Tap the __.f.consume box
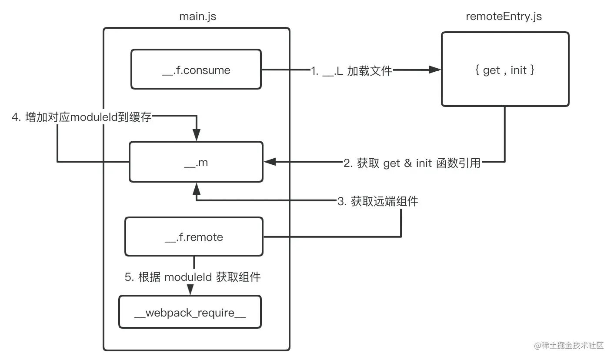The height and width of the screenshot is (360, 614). coord(196,70)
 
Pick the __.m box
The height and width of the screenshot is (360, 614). coord(196,162)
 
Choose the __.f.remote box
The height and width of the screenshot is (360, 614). coord(194,237)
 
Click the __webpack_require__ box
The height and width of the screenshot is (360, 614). coord(190,312)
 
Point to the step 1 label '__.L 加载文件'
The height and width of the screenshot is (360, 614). coord(352,70)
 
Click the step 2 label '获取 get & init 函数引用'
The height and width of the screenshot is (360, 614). coord(412,163)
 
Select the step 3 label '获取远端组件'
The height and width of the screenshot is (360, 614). coord(377,201)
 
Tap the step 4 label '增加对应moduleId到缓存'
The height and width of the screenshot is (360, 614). coord(82,117)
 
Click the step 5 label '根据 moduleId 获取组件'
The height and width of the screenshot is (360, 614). coord(193,277)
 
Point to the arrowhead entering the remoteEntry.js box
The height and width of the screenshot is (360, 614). coord(434,70)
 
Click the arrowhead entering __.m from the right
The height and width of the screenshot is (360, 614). coord(270,162)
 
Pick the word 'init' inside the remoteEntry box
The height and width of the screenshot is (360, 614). coord(518,70)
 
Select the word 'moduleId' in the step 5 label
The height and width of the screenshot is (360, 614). coord(189,277)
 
